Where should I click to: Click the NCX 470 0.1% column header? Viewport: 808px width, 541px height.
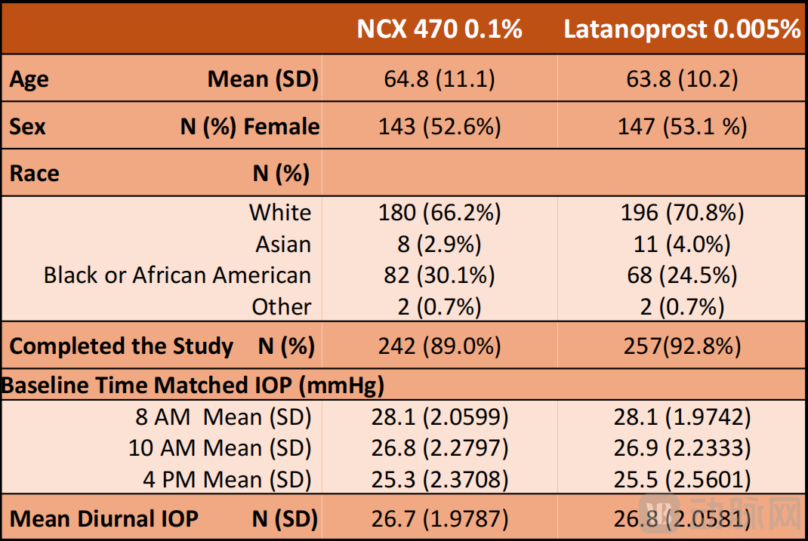tap(439, 29)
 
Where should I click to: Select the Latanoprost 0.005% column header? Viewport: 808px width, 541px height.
tap(682, 29)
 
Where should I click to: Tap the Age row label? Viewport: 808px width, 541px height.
tap(29, 79)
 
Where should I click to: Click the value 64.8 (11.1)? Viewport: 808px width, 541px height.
tap(439, 79)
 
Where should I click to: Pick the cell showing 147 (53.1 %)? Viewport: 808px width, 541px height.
tap(682, 126)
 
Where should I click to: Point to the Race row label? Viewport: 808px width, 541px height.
tap(34, 174)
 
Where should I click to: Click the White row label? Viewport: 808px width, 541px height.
tap(279, 213)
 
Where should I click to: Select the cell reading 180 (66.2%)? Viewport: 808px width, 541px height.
tap(439, 213)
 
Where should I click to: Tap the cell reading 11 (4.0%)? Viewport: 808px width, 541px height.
tap(682, 244)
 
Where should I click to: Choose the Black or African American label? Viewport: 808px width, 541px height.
tap(177, 275)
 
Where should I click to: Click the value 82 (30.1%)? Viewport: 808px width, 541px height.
tap(439, 275)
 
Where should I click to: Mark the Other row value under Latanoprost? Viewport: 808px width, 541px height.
tap(682, 307)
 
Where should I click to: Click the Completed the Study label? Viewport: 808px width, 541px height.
tap(121, 346)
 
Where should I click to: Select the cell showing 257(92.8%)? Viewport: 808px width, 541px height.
tap(682, 346)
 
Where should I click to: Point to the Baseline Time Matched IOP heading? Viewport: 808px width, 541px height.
tap(193, 386)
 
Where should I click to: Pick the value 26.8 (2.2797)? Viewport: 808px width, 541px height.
tap(439, 448)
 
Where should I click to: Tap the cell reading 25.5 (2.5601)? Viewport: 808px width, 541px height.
tap(682, 479)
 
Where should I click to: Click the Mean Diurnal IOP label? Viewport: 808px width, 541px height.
tap(104, 519)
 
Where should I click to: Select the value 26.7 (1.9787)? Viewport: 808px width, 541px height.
tap(439, 519)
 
